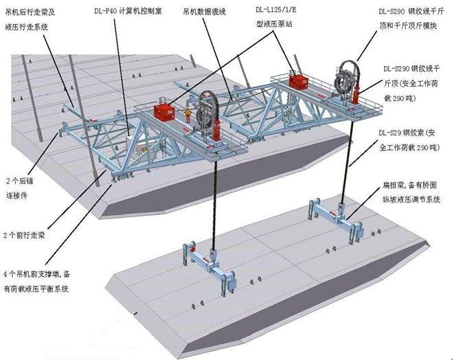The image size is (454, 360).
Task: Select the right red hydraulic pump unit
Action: click(x=299, y=82)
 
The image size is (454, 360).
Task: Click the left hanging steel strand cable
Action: click(x=214, y=199)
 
